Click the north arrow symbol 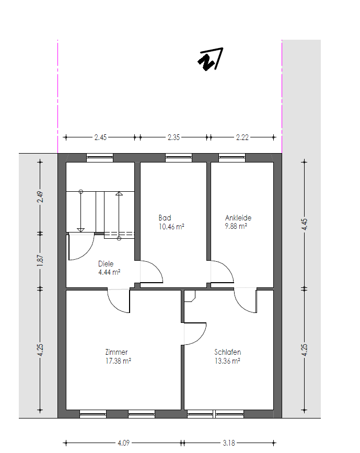pos(211,60)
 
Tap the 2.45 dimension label pos(100,137)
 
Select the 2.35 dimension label pos(173,137)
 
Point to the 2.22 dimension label pos(242,137)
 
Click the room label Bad pos(165,218)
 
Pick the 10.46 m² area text pos(171,227)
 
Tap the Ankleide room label pos(238,218)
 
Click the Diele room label pos(106,264)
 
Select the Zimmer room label pos(117,352)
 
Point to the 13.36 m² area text pos(227,361)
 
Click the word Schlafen pos(228,352)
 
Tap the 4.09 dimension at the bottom pos(124,443)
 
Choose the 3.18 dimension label pos(229,443)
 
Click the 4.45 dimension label pos(304,224)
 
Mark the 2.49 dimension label pos(40,197)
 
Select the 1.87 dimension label pos(40,260)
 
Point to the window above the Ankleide pos(232,157)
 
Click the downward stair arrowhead pos(81,230)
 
